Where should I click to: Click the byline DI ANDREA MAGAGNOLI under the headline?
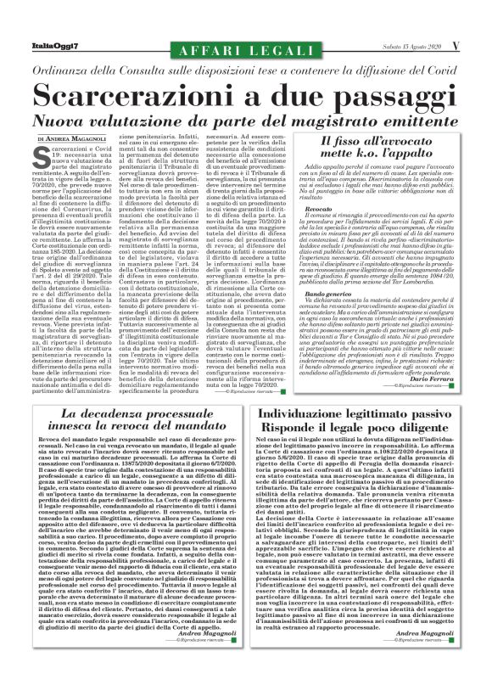coord(75,138)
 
